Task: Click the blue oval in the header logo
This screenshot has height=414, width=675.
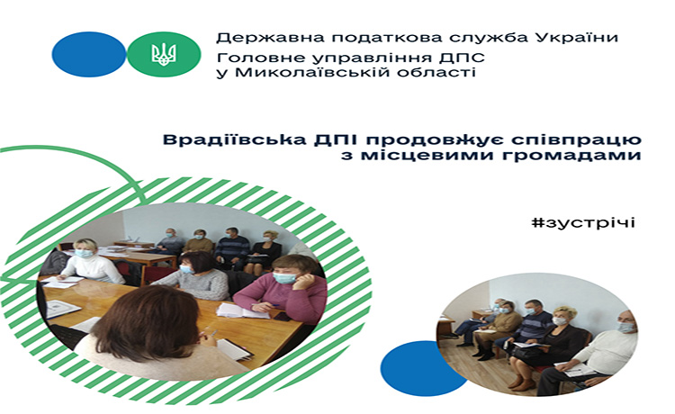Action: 89,54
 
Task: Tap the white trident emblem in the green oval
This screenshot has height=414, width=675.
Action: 164,54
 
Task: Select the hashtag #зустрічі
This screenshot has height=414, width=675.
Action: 583,222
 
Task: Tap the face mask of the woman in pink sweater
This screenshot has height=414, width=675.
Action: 284,277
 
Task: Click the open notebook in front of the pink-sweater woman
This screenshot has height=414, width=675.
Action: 243,310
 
